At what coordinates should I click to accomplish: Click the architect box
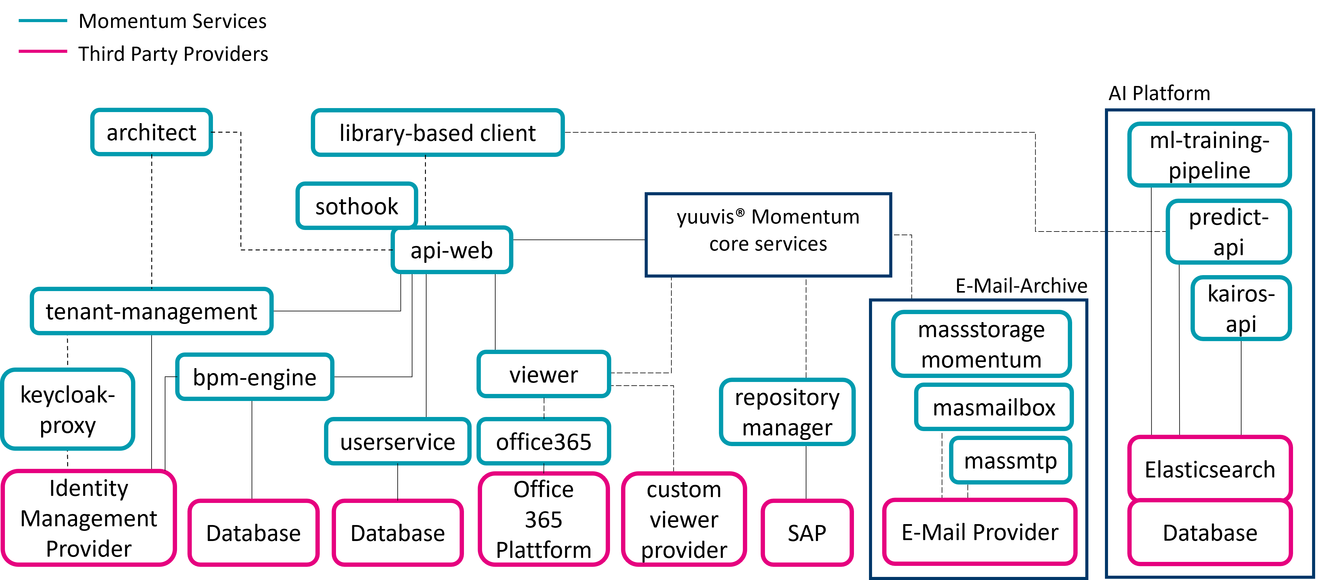[x=152, y=132]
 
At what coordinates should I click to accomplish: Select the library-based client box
[x=437, y=133]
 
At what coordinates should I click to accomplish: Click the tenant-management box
[x=152, y=311]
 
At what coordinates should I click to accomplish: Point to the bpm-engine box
[x=255, y=377]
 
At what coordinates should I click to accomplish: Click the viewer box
[x=543, y=374]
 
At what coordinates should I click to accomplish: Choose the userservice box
[x=397, y=442]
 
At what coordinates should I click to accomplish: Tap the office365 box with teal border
[x=543, y=442]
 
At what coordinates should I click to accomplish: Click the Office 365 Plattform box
[x=543, y=519]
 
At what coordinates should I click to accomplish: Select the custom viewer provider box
[x=684, y=519]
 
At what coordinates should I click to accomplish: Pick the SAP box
[x=807, y=533]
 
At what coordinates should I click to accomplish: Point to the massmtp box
[x=1010, y=460]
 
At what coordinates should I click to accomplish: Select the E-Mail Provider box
[x=980, y=532]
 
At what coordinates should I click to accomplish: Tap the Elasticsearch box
[x=1210, y=469]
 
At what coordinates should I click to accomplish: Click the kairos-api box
[x=1241, y=308]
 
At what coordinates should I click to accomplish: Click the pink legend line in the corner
[x=43, y=51]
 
